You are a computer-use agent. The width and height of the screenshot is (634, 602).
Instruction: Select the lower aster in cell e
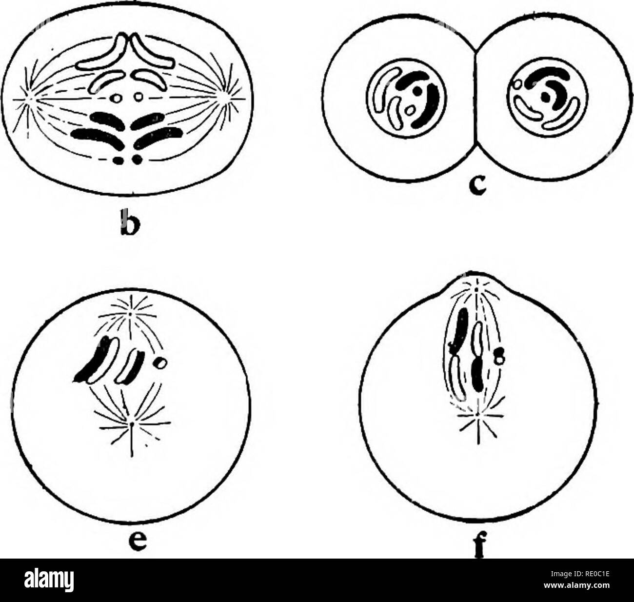[132, 423]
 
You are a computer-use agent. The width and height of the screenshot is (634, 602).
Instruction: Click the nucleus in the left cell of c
[406, 99]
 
